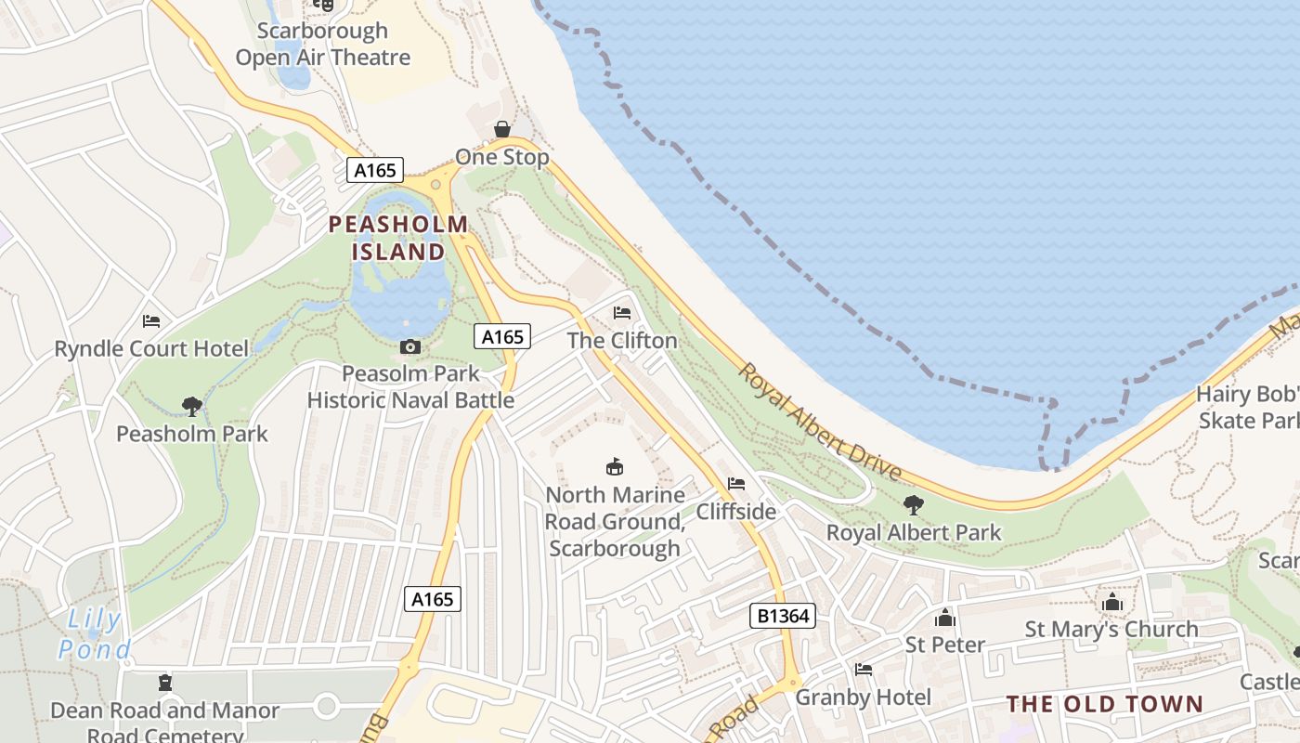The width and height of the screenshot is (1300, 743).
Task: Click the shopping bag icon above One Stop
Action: pos(502,129)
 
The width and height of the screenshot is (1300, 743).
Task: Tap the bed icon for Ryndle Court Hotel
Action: pos(151,321)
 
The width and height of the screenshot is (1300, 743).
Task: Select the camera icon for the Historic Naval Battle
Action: pos(409,347)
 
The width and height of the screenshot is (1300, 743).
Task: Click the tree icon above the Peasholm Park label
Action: pos(192,406)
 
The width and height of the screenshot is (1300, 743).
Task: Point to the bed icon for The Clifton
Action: pos(622,313)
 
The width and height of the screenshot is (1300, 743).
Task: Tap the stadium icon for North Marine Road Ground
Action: pos(614,466)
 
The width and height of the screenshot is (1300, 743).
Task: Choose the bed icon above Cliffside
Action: pos(736,484)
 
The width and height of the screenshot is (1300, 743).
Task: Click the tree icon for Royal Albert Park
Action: pos(914,505)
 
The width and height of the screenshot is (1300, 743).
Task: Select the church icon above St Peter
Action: pos(945,618)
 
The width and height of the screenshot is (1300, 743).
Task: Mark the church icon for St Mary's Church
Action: pos(1111,603)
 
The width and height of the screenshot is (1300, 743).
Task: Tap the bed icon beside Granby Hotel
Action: pos(864,670)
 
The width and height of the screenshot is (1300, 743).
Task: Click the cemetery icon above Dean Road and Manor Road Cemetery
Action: pos(165,683)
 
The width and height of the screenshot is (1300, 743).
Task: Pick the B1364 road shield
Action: pos(782,616)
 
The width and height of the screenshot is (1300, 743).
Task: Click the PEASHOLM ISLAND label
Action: pos(398,238)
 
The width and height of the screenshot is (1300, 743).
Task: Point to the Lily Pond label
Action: pos(94,633)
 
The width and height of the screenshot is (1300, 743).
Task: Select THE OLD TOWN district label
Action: pos(1104,704)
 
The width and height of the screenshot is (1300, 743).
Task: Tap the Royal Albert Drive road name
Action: pos(820,422)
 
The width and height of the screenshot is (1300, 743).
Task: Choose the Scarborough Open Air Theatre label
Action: pos(322,44)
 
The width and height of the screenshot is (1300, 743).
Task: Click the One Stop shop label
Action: pos(502,157)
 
